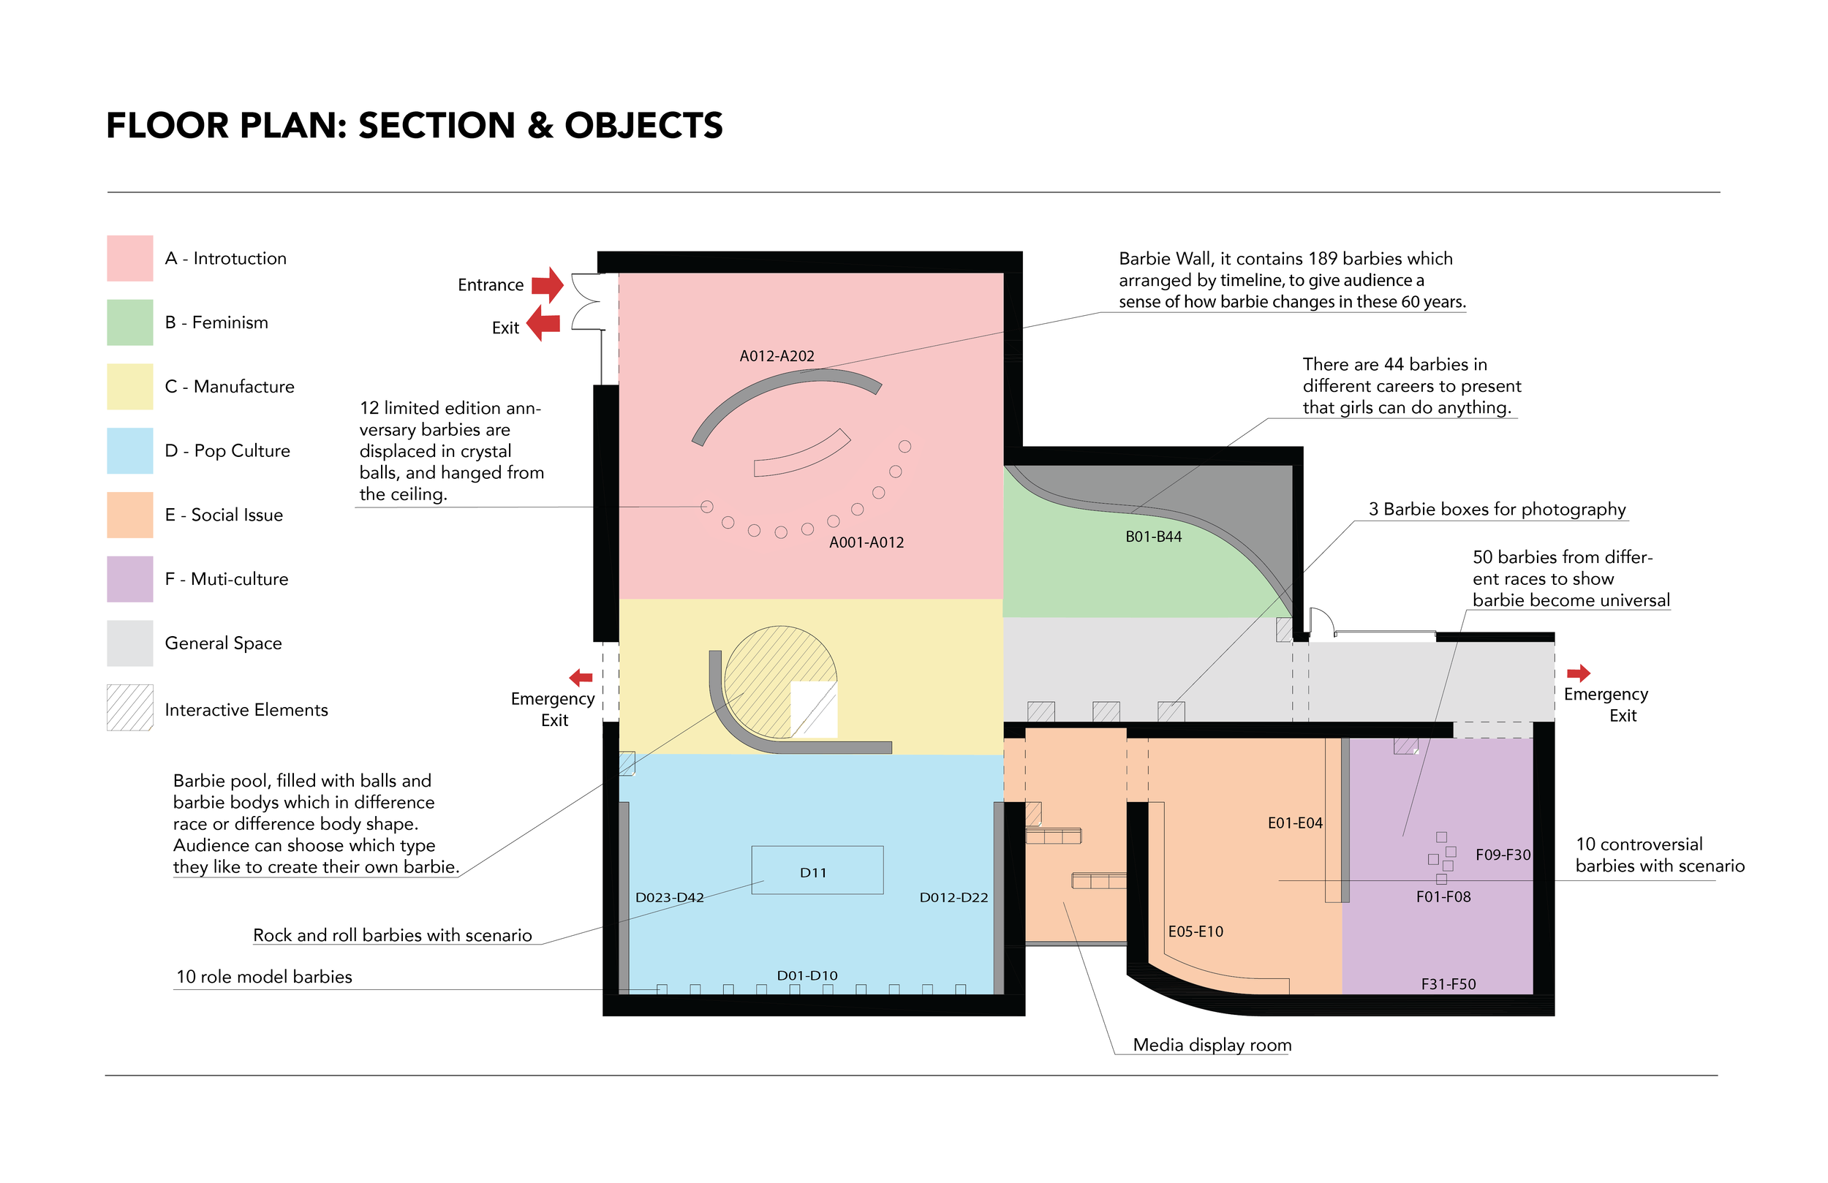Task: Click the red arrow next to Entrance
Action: click(548, 285)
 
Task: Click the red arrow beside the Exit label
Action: click(544, 322)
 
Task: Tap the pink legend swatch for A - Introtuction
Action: click(130, 258)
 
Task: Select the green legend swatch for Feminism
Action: click(130, 322)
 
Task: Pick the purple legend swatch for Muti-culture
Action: click(130, 579)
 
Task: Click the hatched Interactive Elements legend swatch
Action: click(130, 708)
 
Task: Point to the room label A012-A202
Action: click(777, 355)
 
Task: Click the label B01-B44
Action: click(1153, 537)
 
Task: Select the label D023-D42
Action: click(669, 897)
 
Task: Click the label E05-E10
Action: click(1195, 931)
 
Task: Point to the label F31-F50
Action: click(1448, 984)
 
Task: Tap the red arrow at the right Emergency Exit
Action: click(1578, 673)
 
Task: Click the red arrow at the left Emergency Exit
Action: click(581, 678)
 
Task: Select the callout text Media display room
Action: click(1212, 1045)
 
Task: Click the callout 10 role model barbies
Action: click(264, 976)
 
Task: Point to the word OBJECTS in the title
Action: click(643, 126)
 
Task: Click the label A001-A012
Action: click(866, 543)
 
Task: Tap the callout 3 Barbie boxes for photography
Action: click(1497, 510)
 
